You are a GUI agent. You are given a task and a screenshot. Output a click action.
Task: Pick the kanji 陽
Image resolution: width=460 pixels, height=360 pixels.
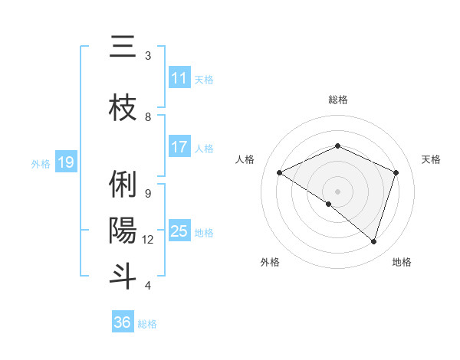pos(123,230)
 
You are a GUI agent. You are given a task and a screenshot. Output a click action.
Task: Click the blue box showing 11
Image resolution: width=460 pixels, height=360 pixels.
pos(179,78)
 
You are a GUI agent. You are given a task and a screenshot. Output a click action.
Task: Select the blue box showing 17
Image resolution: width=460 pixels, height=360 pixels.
pos(179,147)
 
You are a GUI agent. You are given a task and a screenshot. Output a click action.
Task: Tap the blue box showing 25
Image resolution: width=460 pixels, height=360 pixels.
pos(179,231)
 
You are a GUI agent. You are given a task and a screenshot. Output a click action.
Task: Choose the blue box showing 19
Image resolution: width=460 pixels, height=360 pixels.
pos(66,162)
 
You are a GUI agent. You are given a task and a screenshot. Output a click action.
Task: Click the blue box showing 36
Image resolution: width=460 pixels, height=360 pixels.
pos(122,322)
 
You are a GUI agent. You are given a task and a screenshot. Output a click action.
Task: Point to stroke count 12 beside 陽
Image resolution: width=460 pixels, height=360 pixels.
pos(148,240)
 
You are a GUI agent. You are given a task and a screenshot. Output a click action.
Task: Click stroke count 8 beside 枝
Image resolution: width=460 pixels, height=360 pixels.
pos(148,116)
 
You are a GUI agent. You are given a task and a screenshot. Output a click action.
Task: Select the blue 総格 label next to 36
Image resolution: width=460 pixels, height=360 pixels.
pos(147,324)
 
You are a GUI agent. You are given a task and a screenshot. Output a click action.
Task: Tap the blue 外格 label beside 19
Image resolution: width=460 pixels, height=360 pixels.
pos(41,163)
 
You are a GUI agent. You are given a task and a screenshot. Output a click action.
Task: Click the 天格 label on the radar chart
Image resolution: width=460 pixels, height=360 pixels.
pos(431,159)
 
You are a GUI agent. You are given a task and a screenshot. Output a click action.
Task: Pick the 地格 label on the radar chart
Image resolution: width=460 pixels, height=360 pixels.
pos(402,262)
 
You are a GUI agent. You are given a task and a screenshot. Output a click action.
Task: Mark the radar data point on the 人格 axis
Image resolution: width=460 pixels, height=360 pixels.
pos(280,173)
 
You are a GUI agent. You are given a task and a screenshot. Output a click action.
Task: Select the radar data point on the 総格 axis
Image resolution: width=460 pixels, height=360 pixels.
pos(337,146)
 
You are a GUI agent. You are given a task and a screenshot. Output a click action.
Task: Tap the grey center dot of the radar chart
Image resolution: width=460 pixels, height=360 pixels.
pos(337,191)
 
